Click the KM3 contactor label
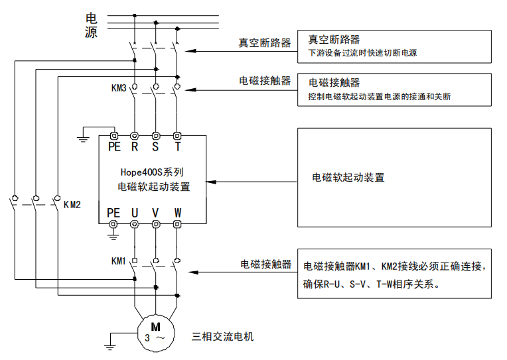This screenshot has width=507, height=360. click(119, 88)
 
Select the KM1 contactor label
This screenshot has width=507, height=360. click(119, 261)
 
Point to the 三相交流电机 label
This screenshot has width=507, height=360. click(222, 336)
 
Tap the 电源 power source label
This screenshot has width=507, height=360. click(92, 25)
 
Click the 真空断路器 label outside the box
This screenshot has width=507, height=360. click(265, 43)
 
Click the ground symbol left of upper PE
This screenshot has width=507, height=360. click(83, 138)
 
